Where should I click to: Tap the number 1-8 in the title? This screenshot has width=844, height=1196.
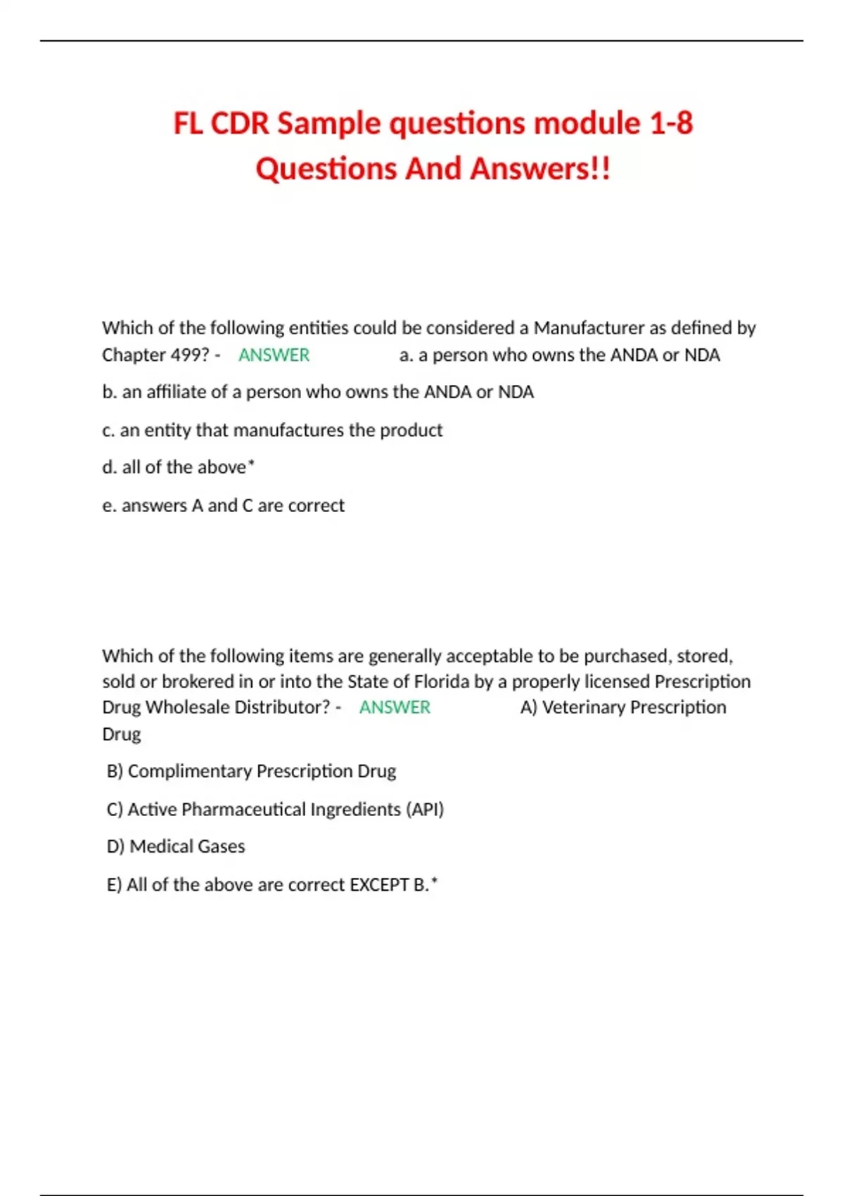tap(670, 124)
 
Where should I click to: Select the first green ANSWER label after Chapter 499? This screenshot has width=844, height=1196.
tap(274, 355)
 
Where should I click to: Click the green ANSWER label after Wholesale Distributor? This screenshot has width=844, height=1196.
tap(395, 707)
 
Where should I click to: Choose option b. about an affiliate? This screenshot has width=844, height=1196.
tap(318, 392)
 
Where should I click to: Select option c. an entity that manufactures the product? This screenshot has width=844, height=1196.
tap(272, 430)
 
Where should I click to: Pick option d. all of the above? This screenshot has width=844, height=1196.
tap(178, 467)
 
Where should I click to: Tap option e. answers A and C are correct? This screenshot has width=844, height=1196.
tap(223, 505)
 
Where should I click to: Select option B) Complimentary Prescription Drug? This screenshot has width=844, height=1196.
tap(251, 771)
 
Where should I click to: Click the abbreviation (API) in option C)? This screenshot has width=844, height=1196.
tap(425, 809)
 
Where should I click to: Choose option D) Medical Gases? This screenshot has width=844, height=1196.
tap(176, 846)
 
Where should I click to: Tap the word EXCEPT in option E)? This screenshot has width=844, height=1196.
tap(379, 884)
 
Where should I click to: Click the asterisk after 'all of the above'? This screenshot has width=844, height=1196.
tap(252, 464)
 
